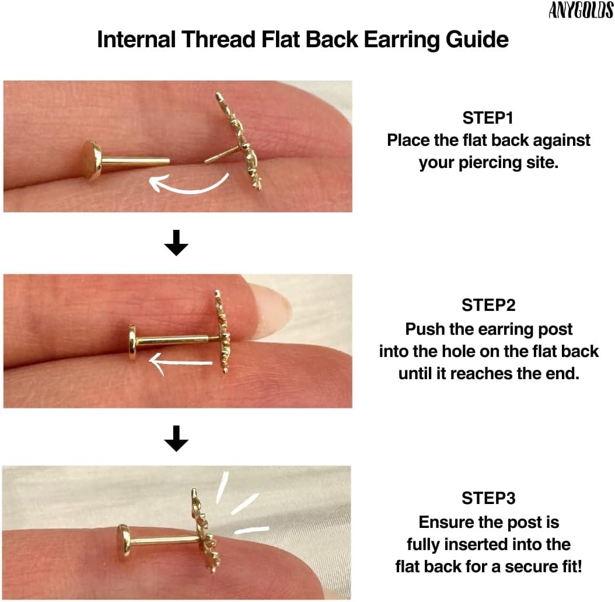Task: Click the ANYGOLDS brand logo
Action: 581,10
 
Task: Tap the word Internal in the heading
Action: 136,39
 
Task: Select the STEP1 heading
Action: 488,118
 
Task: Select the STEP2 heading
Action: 488,305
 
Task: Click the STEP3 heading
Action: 488,498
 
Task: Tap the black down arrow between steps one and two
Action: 176,243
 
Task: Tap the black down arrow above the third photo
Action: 176,438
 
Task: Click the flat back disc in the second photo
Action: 132,343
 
